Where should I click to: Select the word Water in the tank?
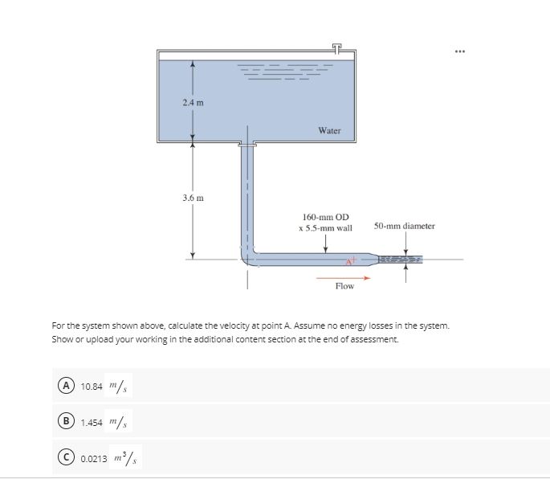(x=329, y=129)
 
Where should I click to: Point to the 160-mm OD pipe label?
(x=325, y=217)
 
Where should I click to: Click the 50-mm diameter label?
(x=404, y=226)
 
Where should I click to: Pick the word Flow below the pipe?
(x=344, y=286)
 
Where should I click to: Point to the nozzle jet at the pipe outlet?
(x=405, y=259)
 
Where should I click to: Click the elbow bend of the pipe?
(x=247, y=255)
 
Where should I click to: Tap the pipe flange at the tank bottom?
(x=247, y=145)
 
